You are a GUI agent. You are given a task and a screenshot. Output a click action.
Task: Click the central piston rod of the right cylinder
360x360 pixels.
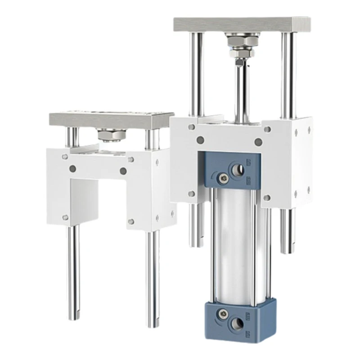pyautogui.click(x=242, y=90)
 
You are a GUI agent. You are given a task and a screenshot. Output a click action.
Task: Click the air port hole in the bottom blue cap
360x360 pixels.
pyautogui.click(x=237, y=321)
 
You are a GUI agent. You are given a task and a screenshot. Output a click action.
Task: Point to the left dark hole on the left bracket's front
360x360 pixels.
pyautogui.click(x=73, y=169)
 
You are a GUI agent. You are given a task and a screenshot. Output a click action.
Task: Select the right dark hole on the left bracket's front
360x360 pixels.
pyautogui.click(x=123, y=171)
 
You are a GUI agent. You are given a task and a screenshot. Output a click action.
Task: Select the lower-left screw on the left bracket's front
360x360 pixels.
pyautogui.click(x=65, y=217)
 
